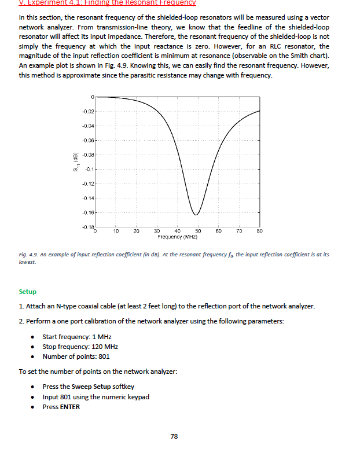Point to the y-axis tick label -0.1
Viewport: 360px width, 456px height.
[x=89, y=170]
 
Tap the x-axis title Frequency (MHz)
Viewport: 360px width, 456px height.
[x=177, y=237]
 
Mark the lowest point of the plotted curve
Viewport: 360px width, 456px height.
[x=196, y=215]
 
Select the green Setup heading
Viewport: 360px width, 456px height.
[x=27, y=292]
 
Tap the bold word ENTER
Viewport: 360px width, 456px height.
[x=70, y=407]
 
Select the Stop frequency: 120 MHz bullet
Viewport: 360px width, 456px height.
[x=80, y=347]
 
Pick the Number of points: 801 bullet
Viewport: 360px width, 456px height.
[x=76, y=356]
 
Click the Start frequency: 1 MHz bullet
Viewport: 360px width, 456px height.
[x=77, y=337]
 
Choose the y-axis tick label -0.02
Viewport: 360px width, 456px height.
[x=87, y=111]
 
